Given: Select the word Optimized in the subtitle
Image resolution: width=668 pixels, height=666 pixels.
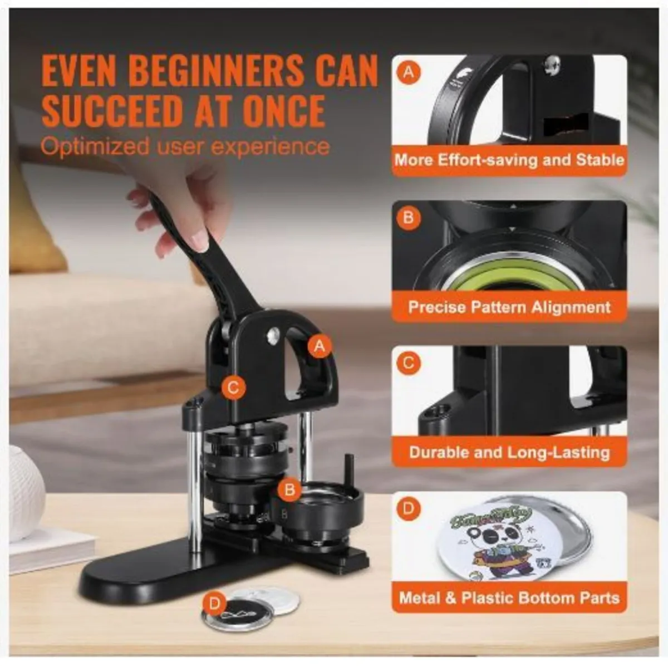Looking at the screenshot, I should (x=95, y=146).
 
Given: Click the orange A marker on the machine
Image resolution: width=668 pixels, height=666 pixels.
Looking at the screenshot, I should (x=318, y=346).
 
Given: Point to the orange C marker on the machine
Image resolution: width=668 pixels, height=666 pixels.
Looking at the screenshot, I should (x=233, y=388).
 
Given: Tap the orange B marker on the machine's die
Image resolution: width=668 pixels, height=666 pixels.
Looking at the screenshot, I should (x=289, y=489).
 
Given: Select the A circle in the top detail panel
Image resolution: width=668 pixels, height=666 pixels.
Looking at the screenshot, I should (x=409, y=72).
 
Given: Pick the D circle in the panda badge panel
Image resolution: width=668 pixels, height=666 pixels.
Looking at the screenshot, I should (x=409, y=508).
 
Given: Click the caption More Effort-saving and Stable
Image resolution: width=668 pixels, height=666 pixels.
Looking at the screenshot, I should (x=509, y=160).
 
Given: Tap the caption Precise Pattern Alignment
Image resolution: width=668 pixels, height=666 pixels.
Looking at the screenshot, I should (x=509, y=307).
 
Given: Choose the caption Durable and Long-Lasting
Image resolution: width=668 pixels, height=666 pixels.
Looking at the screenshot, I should (x=509, y=452).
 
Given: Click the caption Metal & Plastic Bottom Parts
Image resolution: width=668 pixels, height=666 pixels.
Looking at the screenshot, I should (x=509, y=598).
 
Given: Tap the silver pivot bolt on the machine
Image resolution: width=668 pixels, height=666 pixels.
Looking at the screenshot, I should (x=273, y=334).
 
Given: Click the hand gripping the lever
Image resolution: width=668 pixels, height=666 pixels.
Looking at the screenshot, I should (x=178, y=200).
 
